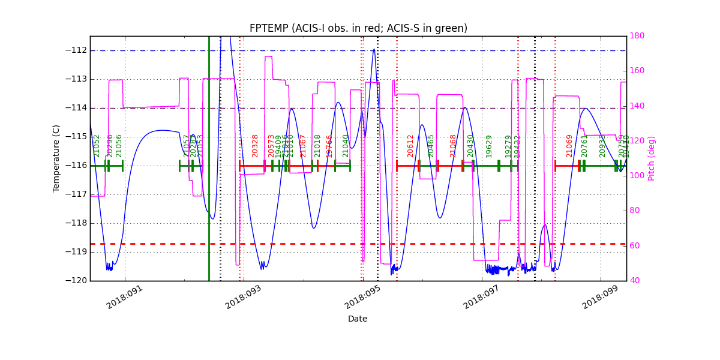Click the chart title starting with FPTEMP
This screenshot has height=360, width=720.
pos(358,28)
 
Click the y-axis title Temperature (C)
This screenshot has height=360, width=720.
pos(56,158)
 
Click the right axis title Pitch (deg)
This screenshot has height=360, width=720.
pos(652,158)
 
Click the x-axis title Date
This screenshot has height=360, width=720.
pos(358,319)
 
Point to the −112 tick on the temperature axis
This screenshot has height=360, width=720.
pos(76,50)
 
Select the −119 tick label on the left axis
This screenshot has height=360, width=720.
pos(76,252)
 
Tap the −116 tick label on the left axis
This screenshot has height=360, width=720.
pos(76,166)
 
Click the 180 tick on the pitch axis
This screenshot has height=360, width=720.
pos(637,36)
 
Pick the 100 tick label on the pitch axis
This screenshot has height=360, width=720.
pos(637,176)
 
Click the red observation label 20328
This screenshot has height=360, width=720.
pos(255,146)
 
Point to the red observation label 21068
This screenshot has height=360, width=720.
pos(454,146)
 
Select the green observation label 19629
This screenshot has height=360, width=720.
pos(489,146)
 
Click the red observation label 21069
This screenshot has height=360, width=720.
pos(569,146)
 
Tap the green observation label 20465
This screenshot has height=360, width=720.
pos(431,146)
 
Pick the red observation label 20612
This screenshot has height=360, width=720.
pos(410,146)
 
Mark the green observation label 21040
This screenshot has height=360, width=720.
pos(346,146)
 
